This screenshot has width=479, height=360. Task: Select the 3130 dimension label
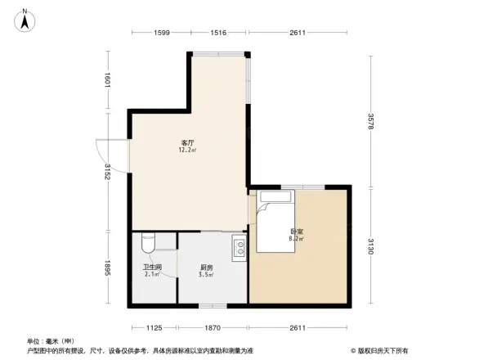pos(371,246)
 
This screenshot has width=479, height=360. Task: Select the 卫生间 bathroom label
pos(153,267)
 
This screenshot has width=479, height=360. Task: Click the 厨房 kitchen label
pos(207,267)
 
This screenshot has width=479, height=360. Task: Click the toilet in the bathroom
pos(147,244)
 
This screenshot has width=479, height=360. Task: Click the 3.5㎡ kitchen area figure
pos(207,275)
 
